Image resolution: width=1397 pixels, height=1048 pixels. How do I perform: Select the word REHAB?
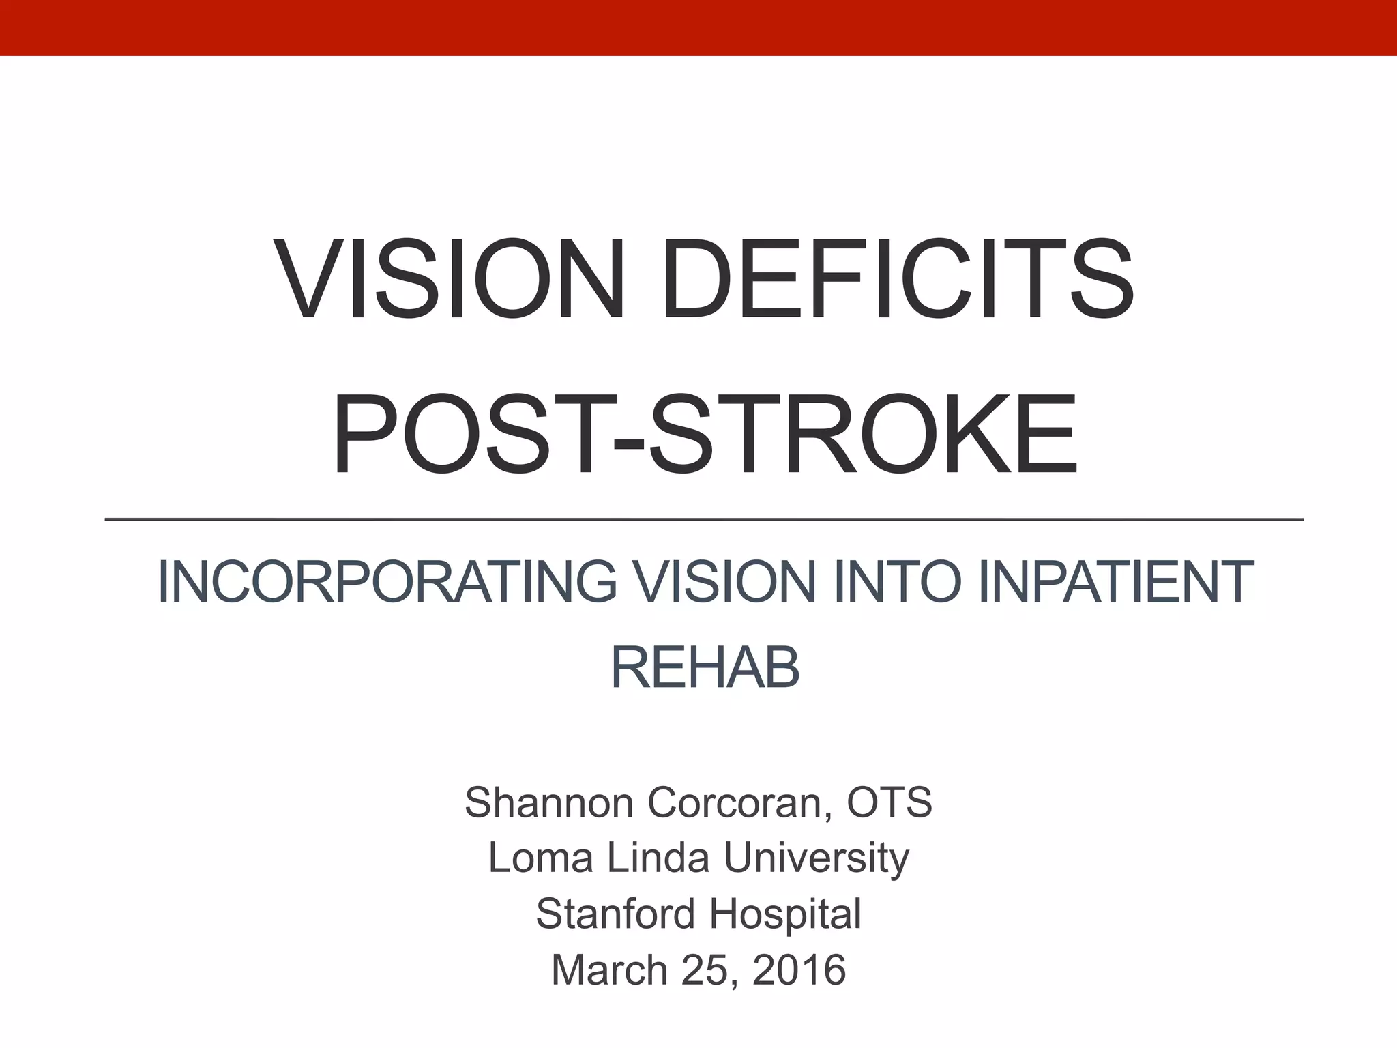(x=705, y=669)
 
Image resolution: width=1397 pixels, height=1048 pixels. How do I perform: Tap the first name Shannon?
(x=550, y=802)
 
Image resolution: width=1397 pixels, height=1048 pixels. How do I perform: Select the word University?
(x=817, y=858)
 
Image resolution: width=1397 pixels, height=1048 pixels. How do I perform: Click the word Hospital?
(x=785, y=914)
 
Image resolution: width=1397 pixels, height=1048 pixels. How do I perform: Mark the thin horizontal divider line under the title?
(x=704, y=520)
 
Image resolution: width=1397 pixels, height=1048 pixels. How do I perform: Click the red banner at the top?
(x=698, y=27)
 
